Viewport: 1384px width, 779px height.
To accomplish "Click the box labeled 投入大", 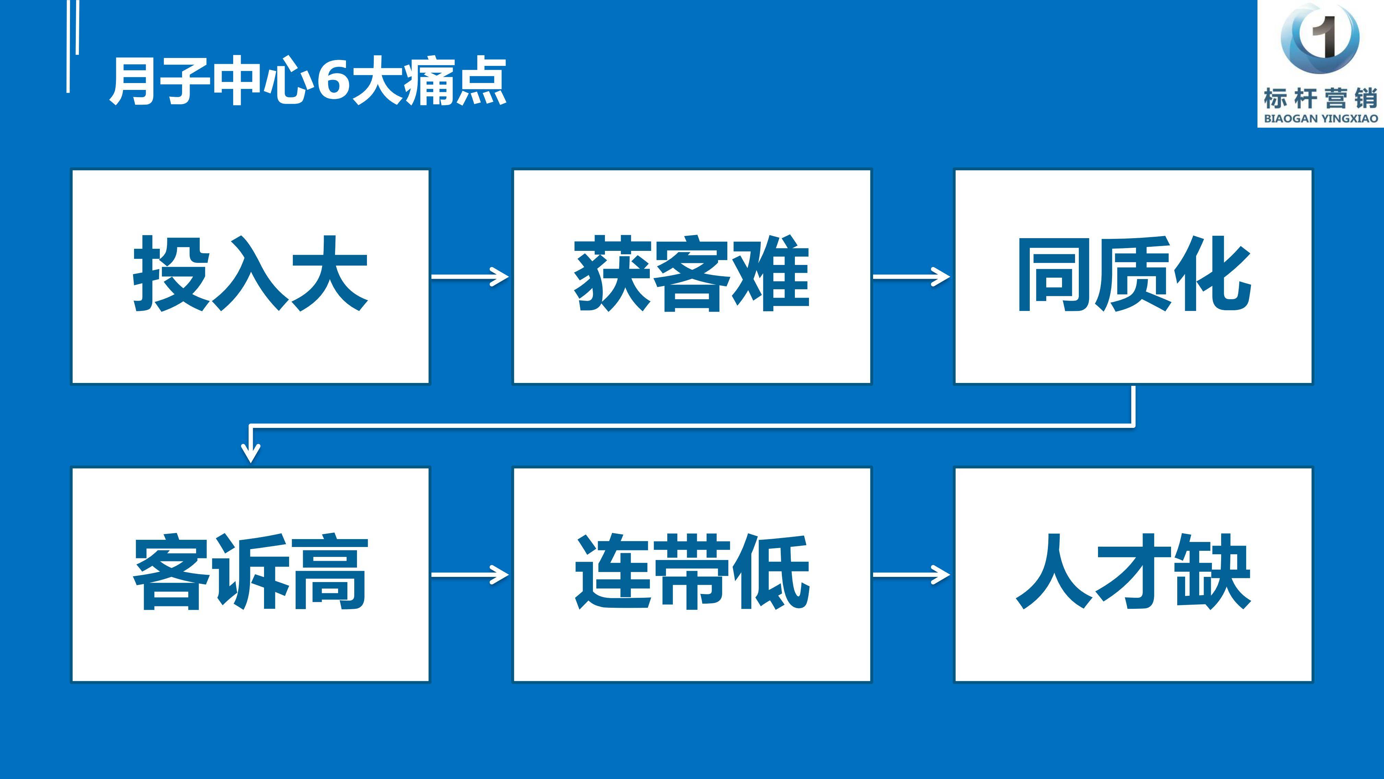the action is coord(250,276).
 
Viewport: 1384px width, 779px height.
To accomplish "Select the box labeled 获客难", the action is coord(692,276).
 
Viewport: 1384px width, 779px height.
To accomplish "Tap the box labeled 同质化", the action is coord(1133,276).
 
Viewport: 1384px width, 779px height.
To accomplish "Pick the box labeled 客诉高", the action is coord(250,575).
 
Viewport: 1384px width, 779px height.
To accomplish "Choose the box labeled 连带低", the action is coord(692,575).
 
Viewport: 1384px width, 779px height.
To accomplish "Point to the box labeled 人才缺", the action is coord(1133,575).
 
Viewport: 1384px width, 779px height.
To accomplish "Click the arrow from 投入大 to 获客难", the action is coord(470,276).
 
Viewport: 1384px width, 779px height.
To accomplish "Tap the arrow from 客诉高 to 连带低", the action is coord(470,575).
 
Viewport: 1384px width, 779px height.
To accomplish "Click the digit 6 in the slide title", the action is coord(333,81).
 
